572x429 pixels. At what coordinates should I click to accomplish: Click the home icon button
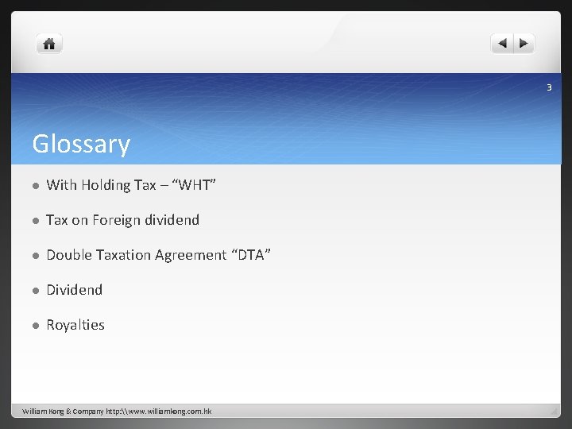49,44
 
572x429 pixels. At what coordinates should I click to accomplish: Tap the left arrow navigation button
502,44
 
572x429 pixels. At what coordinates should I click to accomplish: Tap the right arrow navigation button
525,44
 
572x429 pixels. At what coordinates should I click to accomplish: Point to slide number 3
548,87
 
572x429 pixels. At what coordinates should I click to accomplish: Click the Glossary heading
80,144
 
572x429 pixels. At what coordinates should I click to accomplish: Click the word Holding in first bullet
104,185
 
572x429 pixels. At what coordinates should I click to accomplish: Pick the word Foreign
118,220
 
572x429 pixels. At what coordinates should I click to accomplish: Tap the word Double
68,255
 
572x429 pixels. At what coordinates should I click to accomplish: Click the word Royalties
75,325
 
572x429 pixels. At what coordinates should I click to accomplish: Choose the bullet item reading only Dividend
74,290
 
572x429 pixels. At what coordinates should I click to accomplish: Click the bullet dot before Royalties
35,326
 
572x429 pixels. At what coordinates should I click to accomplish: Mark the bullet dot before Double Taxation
35,256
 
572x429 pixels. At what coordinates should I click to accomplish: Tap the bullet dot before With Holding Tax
35,186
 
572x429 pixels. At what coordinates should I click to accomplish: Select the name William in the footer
35,412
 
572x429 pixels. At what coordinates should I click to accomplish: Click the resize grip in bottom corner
553,411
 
